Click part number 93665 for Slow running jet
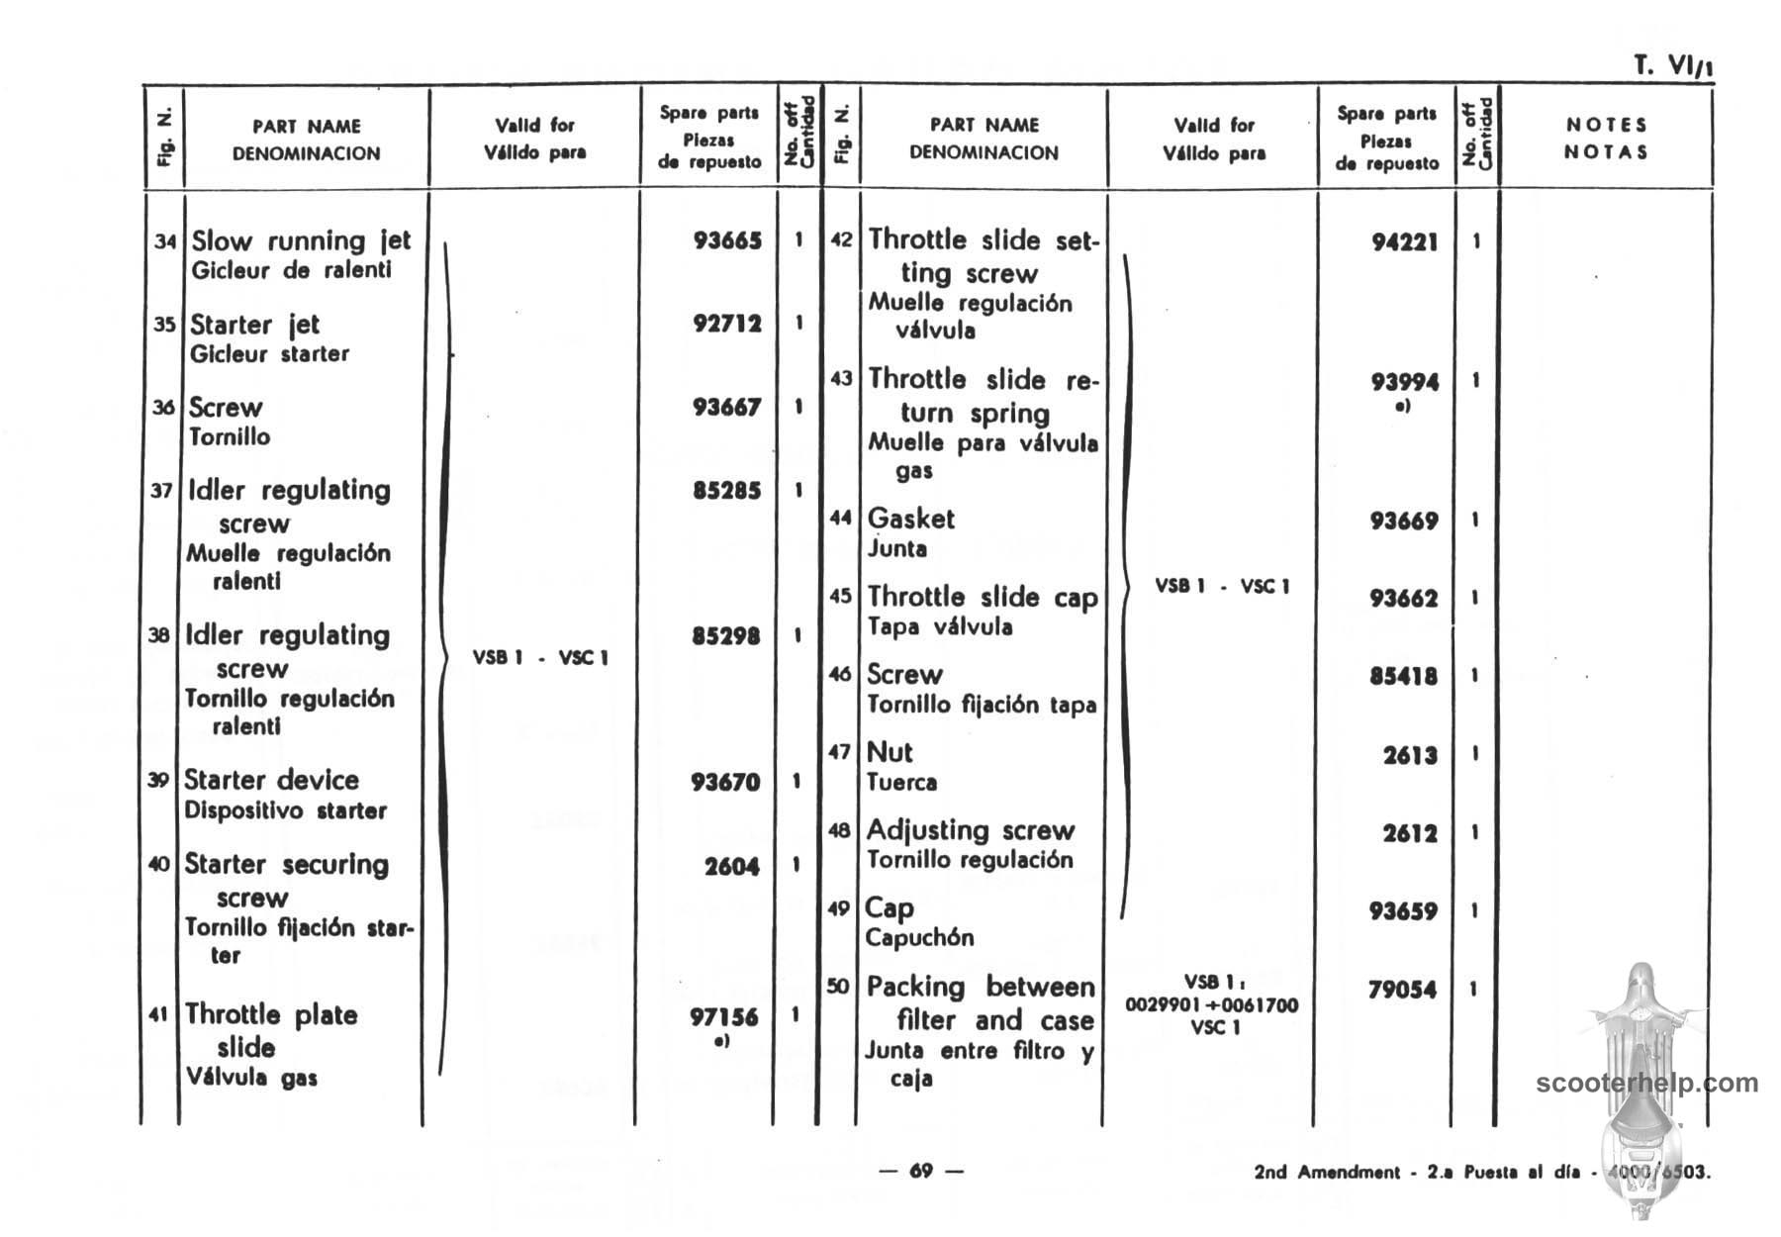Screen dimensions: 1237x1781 coord(727,240)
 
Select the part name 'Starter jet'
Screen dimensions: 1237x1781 coord(255,325)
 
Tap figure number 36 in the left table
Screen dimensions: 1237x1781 coord(163,407)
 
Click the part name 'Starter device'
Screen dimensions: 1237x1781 coord(271,780)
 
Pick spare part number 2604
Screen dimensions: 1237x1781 coord(731,867)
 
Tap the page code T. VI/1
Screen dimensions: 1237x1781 coord(1673,66)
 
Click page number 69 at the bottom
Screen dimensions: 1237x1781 coord(921,1171)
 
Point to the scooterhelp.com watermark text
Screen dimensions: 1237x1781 coord(1646,1083)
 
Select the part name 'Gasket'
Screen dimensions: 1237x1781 coord(910,519)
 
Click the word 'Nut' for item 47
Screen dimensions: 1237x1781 coord(890,752)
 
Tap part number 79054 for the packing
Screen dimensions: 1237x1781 coord(1402,990)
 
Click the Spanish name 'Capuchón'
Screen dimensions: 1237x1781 coord(919,937)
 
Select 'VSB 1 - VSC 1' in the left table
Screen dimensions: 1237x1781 coord(540,658)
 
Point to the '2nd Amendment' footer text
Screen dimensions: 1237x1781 coord(1326,1173)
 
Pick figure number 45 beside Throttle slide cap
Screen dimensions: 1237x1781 coord(840,596)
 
